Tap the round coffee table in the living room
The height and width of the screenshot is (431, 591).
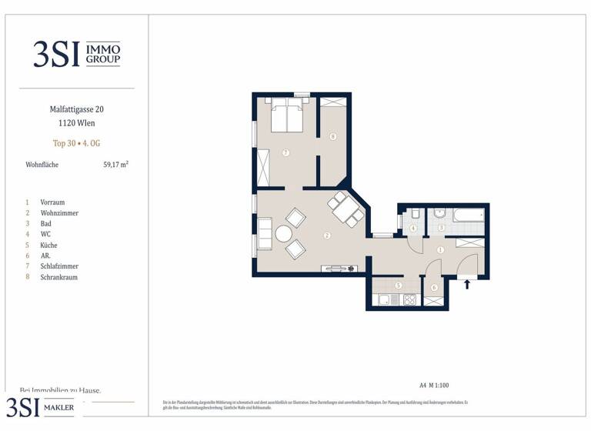click(x=285, y=234)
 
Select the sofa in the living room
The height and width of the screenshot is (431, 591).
click(x=264, y=234)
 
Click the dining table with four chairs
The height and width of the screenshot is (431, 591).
click(x=344, y=209)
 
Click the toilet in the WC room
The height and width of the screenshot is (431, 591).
click(x=414, y=214)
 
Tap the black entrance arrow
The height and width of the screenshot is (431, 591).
click(x=467, y=283)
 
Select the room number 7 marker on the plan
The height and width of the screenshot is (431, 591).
click(x=285, y=153)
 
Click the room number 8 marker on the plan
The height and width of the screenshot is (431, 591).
click(x=332, y=138)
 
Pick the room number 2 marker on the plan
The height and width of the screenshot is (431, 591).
click(x=327, y=236)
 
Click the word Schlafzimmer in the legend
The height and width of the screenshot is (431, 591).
click(x=59, y=266)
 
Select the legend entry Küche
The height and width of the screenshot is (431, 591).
click(x=48, y=245)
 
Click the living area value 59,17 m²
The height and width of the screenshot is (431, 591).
click(x=115, y=164)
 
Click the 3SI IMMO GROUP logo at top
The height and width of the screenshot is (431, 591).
click(x=76, y=53)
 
